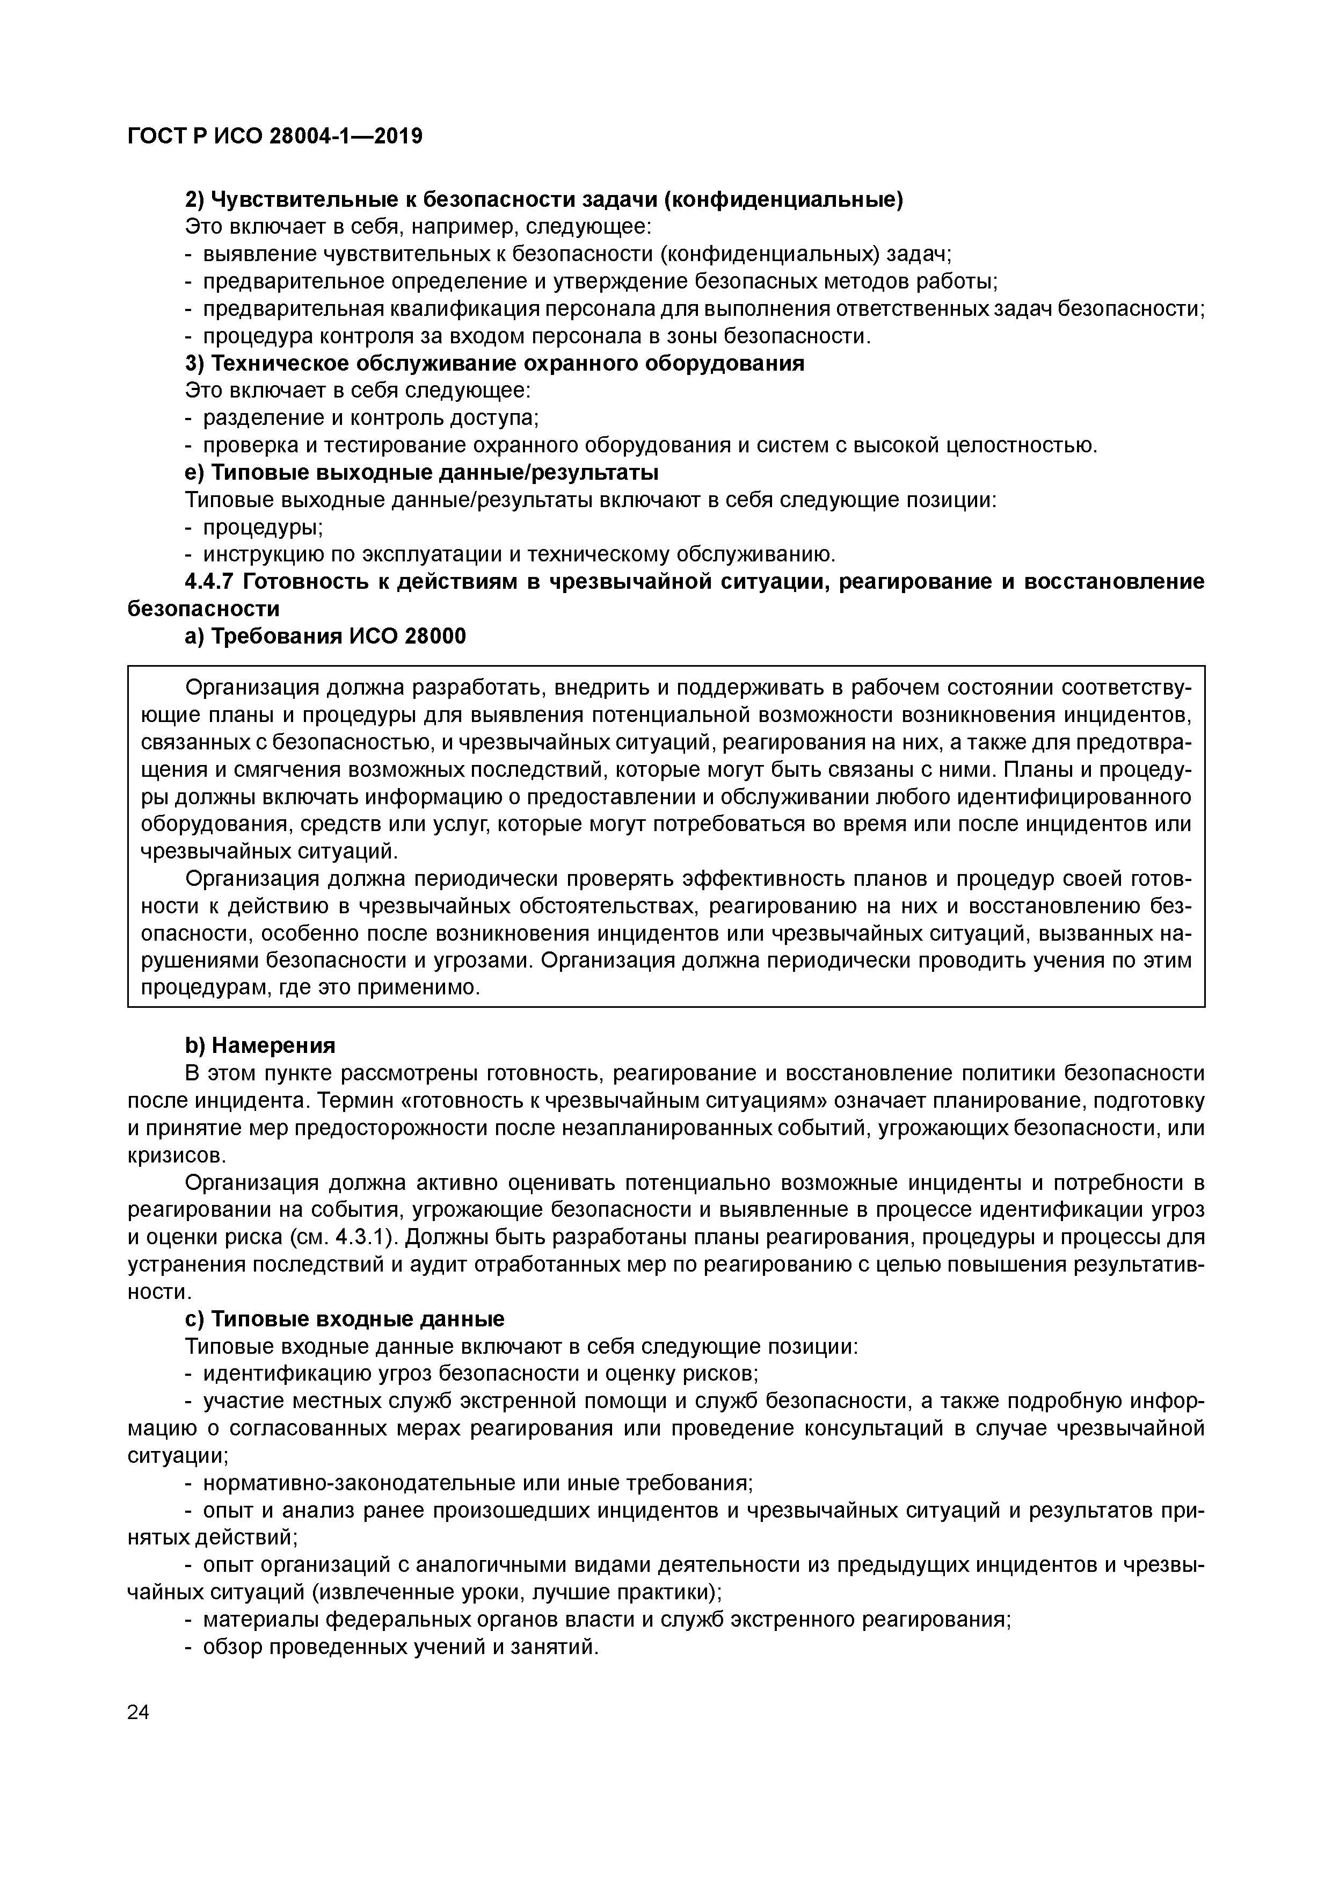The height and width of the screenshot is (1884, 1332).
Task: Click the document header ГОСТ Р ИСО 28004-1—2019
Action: pyautogui.click(x=275, y=136)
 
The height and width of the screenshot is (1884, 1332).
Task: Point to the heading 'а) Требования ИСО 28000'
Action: pyautogui.click(x=326, y=636)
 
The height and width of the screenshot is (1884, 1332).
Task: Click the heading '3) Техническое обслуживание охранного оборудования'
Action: pyautogui.click(x=494, y=364)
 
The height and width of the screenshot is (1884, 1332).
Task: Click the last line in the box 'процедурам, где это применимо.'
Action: pyautogui.click(x=310, y=987)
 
